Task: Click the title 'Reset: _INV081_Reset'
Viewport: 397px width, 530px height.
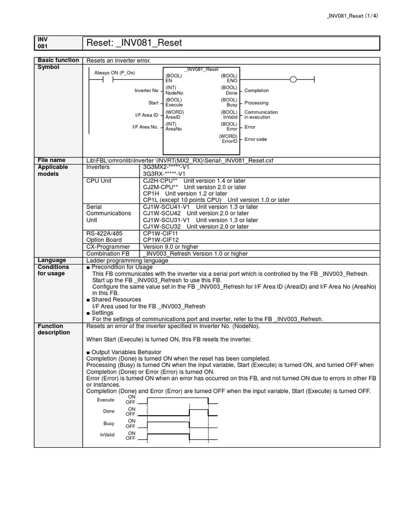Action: (x=134, y=43)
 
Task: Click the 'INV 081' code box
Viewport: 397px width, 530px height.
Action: (x=42, y=42)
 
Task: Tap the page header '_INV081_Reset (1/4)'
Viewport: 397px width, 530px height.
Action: (x=354, y=16)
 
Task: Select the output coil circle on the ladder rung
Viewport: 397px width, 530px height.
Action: (x=293, y=79)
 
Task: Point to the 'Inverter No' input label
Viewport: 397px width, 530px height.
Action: (x=146, y=91)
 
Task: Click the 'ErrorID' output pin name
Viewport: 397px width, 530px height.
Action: (x=229, y=141)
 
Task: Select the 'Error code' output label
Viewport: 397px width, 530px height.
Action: (x=255, y=139)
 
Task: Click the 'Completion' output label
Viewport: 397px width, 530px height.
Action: (x=256, y=91)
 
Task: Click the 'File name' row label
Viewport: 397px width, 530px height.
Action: (x=51, y=160)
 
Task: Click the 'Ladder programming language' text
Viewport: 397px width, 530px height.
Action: (x=127, y=260)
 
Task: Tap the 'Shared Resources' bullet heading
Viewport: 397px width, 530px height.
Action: (x=116, y=300)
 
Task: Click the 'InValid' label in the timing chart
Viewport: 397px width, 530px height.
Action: (x=107, y=435)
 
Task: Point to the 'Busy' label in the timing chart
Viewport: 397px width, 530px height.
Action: (x=109, y=423)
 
